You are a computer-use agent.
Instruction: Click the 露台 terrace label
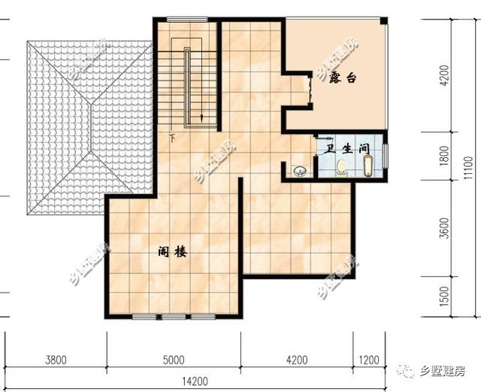tap(343, 78)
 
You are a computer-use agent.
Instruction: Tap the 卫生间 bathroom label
tap(347, 149)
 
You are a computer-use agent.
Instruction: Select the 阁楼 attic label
tap(172, 252)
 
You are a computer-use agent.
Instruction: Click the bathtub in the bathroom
tap(368, 166)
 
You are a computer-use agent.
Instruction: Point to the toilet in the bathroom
tap(341, 169)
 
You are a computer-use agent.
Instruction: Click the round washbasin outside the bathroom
tap(300, 171)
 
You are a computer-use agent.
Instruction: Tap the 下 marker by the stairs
tap(173, 138)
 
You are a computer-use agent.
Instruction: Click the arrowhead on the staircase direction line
tap(202, 117)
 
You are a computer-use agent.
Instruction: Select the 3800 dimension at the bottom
tap(56, 360)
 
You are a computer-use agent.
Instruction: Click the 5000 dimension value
tap(174, 360)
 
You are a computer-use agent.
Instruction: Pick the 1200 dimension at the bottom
tap(369, 360)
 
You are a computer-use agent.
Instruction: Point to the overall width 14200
tap(195, 381)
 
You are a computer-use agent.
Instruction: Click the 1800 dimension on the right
tap(444, 156)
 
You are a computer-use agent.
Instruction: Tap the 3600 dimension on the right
tap(444, 228)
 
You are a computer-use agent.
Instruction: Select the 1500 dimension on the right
tap(444, 296)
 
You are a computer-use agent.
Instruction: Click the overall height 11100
tap(468, 168)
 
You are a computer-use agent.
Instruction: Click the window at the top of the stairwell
tap(187, 20)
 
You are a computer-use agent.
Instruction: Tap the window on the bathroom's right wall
tap(386, 156)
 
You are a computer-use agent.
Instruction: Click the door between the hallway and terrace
tap(310, 90)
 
